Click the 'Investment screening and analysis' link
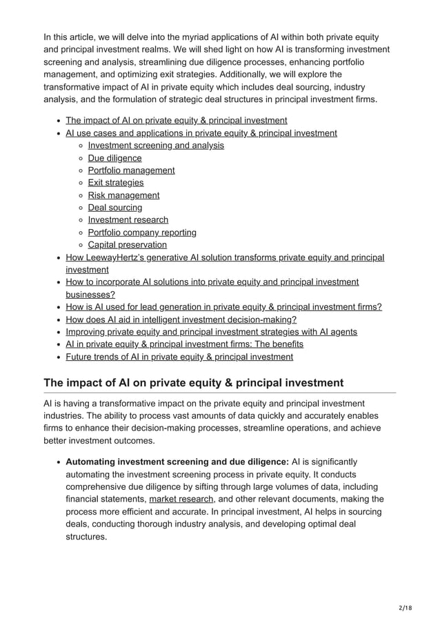(x=156, y=146)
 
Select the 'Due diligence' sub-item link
(x=114, y=158)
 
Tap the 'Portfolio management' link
(x=131, y=170)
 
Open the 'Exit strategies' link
(x=116, y=183)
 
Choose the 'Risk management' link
(x=123, y=195)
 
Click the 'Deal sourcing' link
(x=115, y=208)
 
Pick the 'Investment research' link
(x=128, y=220)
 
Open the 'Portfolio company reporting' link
(x=142, y=233)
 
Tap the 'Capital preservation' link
(x=127, y=245)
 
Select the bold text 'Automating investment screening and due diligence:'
(x=177, y=462)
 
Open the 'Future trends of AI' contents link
(x=179, y=357)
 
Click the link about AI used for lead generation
(x=223, y=307)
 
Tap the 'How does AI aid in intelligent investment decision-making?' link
(x=181, y=319)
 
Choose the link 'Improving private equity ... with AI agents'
(x=211, y=332)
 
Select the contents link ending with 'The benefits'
(x=184, y=344)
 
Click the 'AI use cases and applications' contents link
(x=201, y=133)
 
